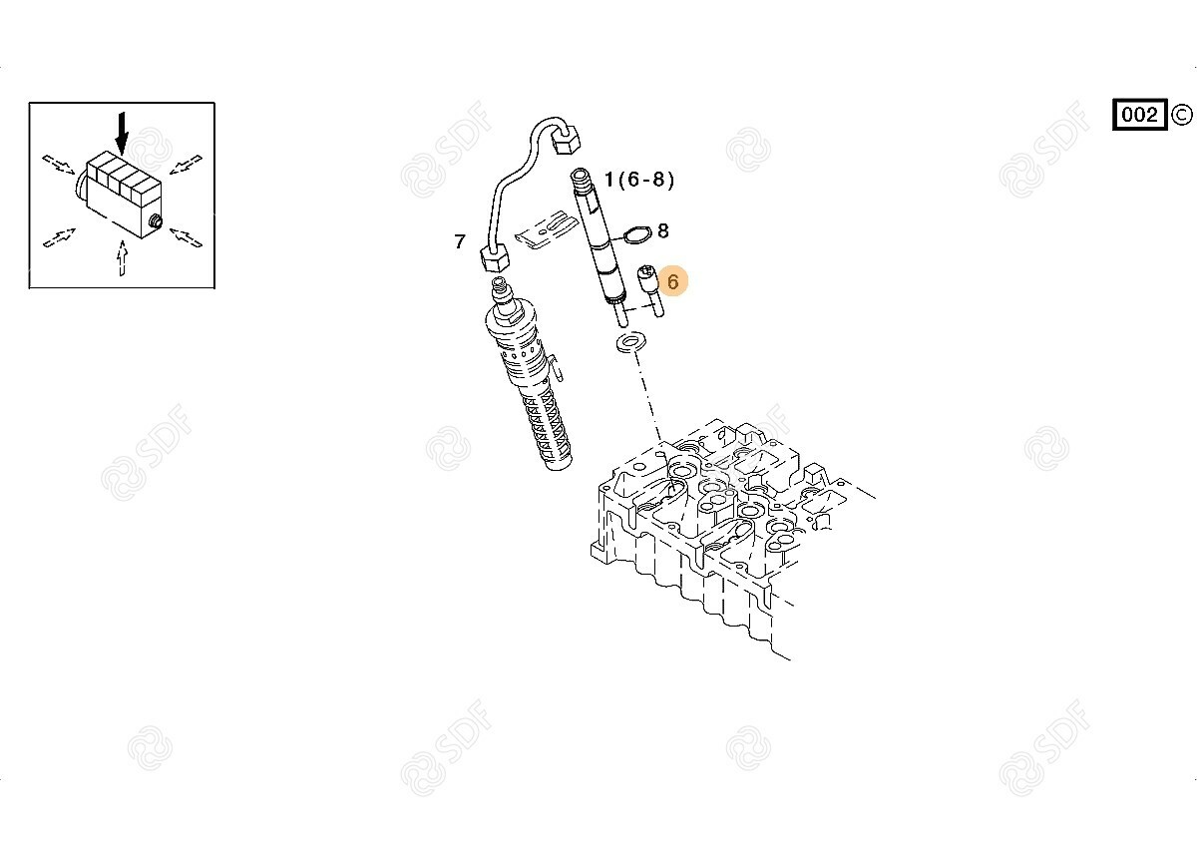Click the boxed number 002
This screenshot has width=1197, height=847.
1139,115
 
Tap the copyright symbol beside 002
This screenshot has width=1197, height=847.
1182,115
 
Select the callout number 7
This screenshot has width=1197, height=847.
459,241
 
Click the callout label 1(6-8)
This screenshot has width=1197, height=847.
639,181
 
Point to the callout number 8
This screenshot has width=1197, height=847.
662,231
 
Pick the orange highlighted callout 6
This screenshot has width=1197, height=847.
673,282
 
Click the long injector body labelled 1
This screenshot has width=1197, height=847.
602,239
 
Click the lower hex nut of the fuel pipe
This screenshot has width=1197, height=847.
493,262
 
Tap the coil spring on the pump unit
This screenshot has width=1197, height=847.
544,424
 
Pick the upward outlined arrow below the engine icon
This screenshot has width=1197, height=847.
122,259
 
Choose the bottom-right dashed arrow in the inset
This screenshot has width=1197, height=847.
187,237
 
